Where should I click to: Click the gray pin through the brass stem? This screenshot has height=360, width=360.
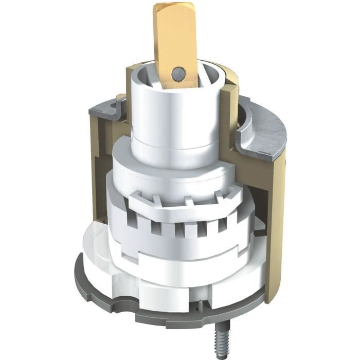(x=178, y=73)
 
